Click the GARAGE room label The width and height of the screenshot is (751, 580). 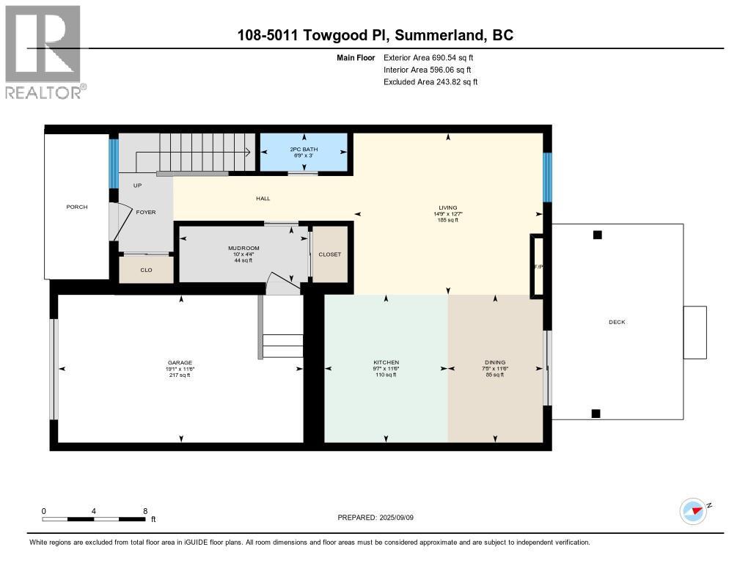click(x=180, y=363)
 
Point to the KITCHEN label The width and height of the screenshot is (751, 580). click(x=386, y=363)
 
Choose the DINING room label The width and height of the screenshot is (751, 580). click(x=494, y=363)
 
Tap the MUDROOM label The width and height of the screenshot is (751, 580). click(x=243, y=249)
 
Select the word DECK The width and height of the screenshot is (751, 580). click(x=617, y=322)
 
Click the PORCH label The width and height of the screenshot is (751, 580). click(x=77, y=207)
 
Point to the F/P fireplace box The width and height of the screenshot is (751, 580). click(x=537, y=266)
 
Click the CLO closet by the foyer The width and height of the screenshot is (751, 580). click(x=146, y=270)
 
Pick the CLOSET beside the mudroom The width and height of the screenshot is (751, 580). click(x=329, y=254)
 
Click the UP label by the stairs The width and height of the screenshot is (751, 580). click(x=137, y=186)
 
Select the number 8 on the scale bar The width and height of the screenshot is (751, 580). click(x=145, y=511)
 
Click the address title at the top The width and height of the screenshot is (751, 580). click(x=375, y=35)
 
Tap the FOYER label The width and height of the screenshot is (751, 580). click(x=146, y=212)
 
